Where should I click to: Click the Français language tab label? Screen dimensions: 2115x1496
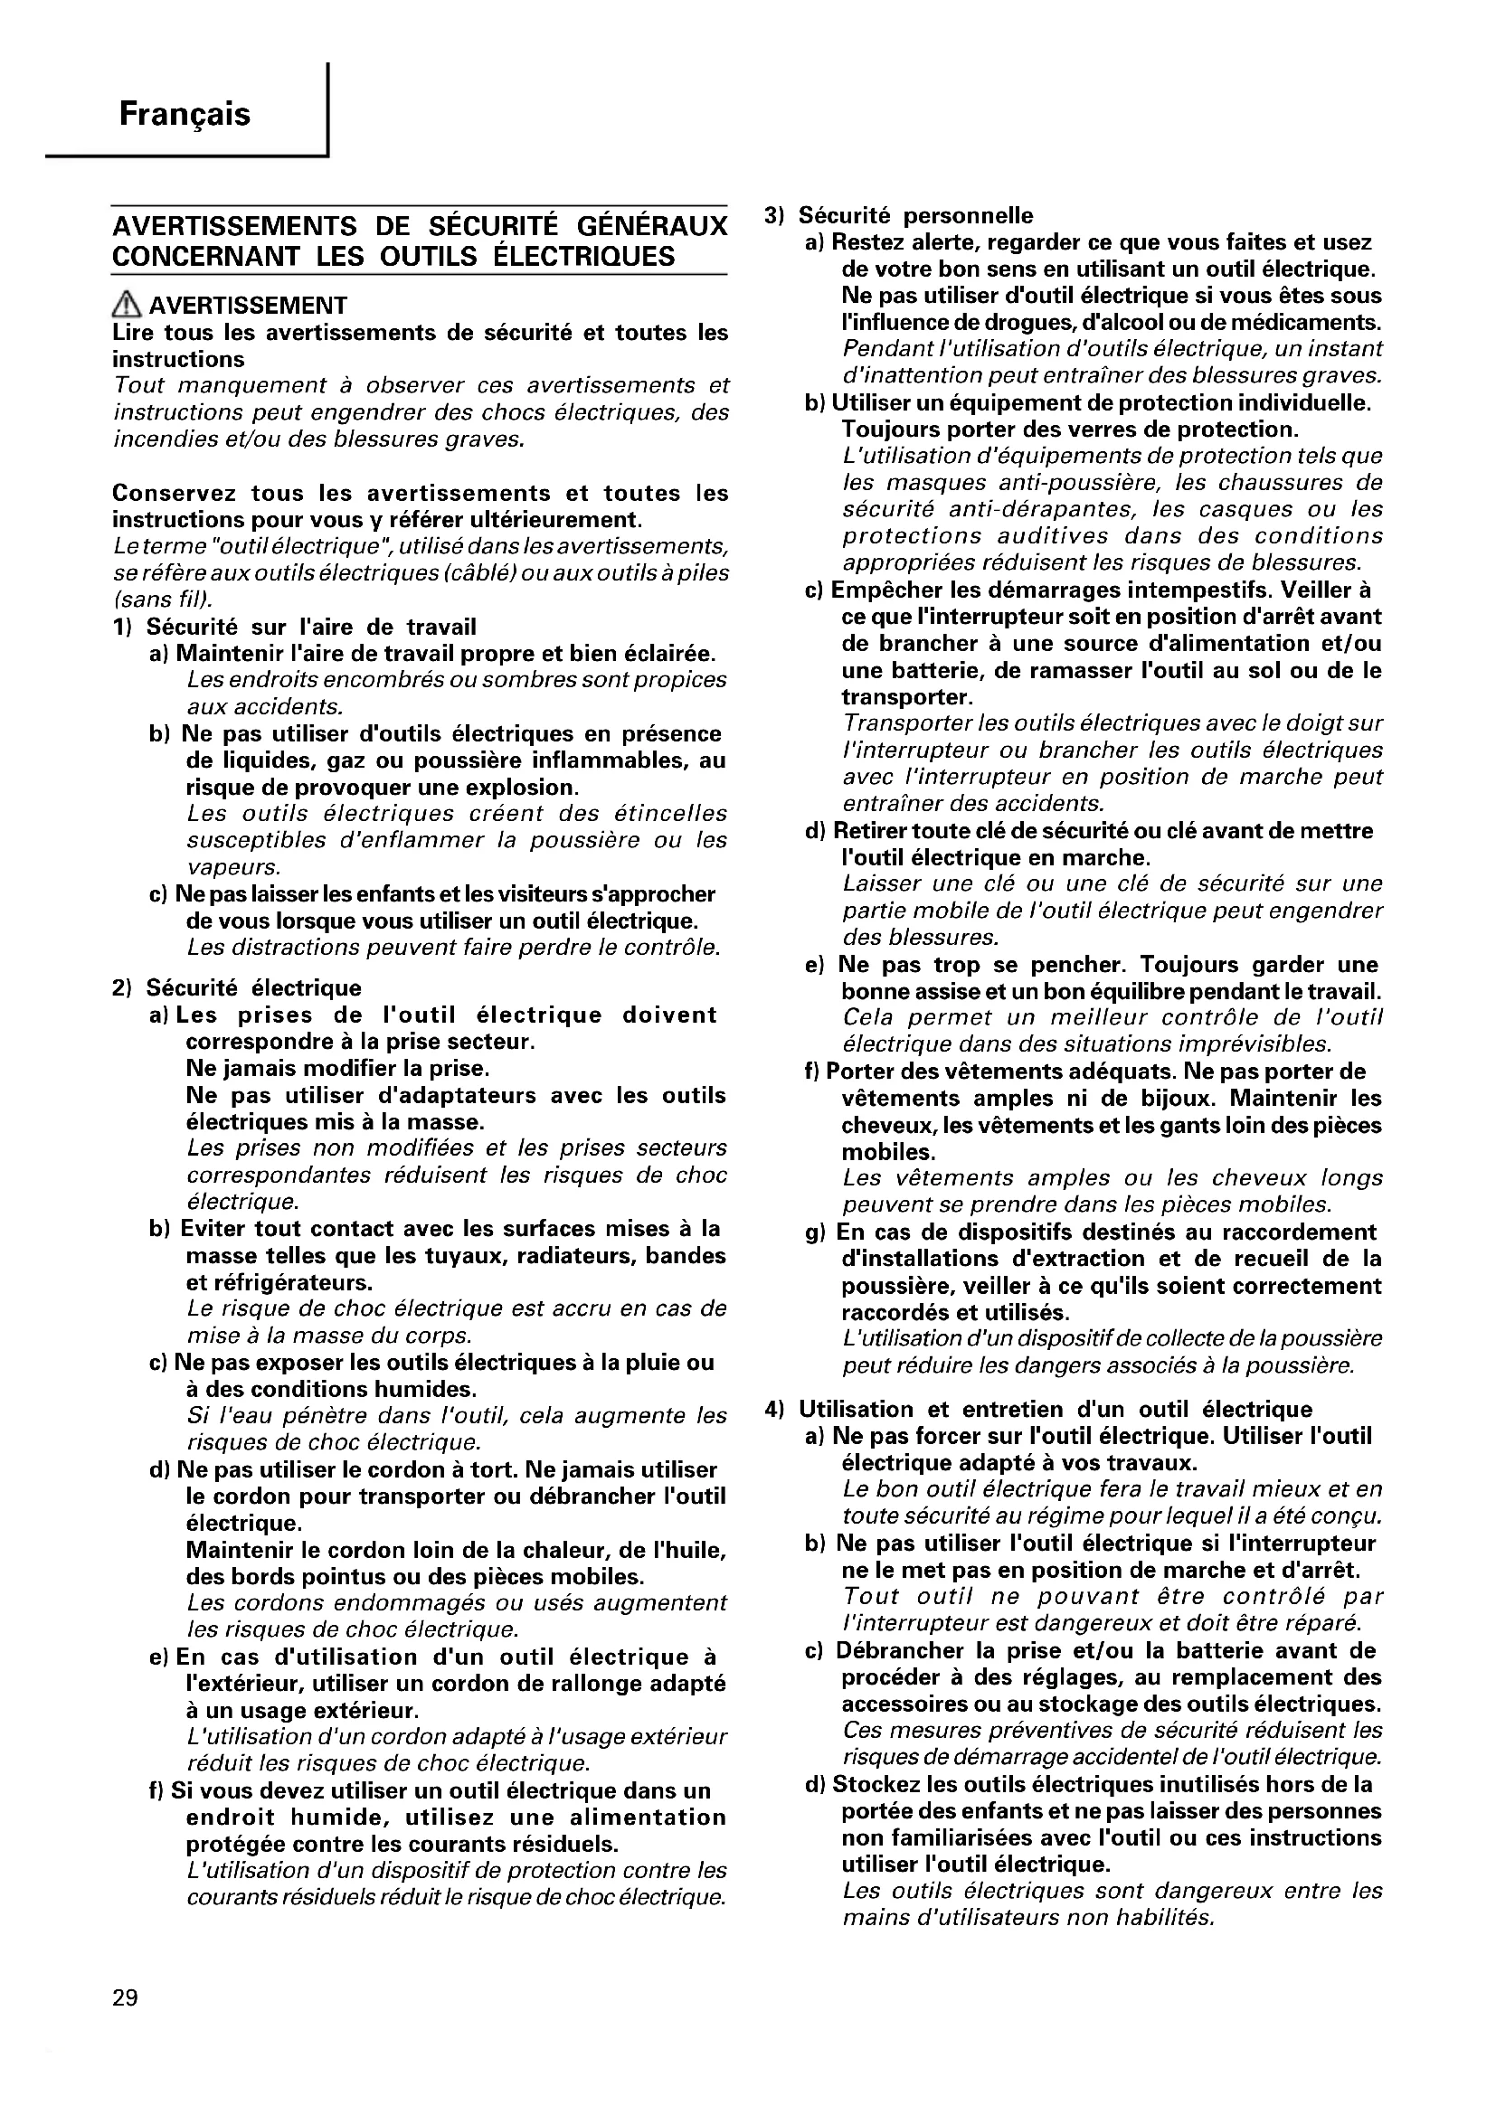click(x=185, y=114)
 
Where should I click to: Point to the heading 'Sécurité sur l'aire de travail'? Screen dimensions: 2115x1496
click(x=310, y=628)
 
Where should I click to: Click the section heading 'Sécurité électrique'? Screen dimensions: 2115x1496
click(x=253, y=988)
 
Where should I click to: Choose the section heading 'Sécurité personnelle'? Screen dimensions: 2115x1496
click(x=914, y=215)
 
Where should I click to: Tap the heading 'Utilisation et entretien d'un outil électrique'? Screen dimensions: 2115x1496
click(x=1055, y=1410)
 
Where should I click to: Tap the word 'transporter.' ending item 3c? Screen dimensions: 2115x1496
click(x=906, y=696)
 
